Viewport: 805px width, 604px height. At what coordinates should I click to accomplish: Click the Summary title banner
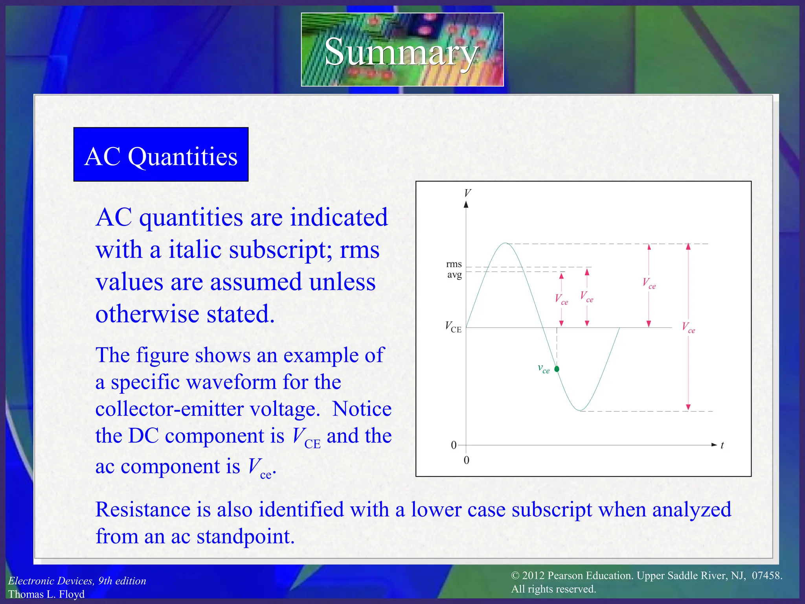[402, 50]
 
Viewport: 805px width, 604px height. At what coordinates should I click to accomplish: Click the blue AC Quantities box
[161, 155]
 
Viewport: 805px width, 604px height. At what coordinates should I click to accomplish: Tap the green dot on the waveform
[557, 369]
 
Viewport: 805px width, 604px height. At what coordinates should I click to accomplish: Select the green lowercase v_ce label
[544, 368]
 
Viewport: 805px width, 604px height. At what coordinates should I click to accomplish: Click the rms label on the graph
[454, 264]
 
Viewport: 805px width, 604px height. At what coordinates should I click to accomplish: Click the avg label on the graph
[454, 274]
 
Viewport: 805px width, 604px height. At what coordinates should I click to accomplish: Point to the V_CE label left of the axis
[453, 327]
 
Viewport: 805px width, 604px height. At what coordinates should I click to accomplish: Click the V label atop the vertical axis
[467, 193]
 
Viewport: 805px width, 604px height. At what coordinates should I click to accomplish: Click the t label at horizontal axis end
[722, 446]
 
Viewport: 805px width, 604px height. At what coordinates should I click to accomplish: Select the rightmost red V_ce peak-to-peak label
[688, 328]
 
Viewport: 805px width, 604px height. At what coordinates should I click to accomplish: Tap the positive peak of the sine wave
[506, 244]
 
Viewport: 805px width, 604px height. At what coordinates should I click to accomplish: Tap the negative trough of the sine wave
[579, 411]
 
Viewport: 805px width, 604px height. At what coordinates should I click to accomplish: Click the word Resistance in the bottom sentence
[143, 510]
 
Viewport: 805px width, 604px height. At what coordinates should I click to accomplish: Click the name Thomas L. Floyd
[46, 594]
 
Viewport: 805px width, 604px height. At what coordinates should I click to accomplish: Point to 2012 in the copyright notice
[533, 576]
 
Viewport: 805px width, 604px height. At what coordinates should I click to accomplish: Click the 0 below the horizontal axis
[467, 460]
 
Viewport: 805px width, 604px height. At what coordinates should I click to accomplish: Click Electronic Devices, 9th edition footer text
[77, 581]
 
